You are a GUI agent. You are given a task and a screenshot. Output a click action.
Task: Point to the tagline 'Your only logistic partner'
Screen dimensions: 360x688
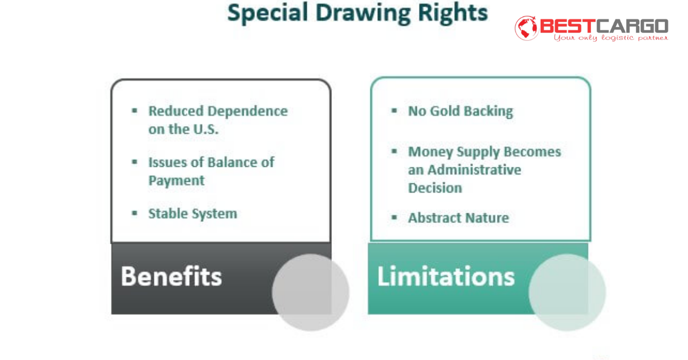pyautogui.click(x=611, y=38)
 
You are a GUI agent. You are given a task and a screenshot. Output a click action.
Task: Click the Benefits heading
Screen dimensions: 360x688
pyautogui.click(x=171, y=276)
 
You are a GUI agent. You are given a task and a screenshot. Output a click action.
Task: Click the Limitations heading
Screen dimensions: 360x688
pyautogui.click(x=445, y=276)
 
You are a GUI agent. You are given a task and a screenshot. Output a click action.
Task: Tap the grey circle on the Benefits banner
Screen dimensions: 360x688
pyautogui.click(x=310, y=292)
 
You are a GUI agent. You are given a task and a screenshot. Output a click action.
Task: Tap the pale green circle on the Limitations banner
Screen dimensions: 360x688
pyautogui.click(x=566, y=292)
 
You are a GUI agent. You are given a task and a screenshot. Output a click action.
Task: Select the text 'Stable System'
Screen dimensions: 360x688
pyautogui.click(x=192, y=214)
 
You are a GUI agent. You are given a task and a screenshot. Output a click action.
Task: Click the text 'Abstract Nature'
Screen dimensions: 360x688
pyautogui.click(x=458, y=218)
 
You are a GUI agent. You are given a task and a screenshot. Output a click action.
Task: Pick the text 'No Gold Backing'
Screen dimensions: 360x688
pyautogui.click(x=460, y=111)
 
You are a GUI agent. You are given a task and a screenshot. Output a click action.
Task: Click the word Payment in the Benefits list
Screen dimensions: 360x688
pyautogui.click(x=176, y=181)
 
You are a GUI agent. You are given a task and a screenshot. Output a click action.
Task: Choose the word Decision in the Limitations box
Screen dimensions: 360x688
pyautogui.click(x=435, y=188)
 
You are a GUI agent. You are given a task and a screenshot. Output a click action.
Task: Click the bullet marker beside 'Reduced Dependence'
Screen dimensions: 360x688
pyautogui.click(x=135, y=110)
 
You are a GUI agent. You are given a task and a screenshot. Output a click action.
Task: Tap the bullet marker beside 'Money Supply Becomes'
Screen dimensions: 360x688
pyautogui.click(x=394, y=151)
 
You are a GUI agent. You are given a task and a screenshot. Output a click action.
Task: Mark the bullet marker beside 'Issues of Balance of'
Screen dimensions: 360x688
pyautogui.click(x=135, y=162)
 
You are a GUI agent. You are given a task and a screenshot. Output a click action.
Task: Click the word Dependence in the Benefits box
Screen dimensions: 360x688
pyautogui.click(x=248, y=111)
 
